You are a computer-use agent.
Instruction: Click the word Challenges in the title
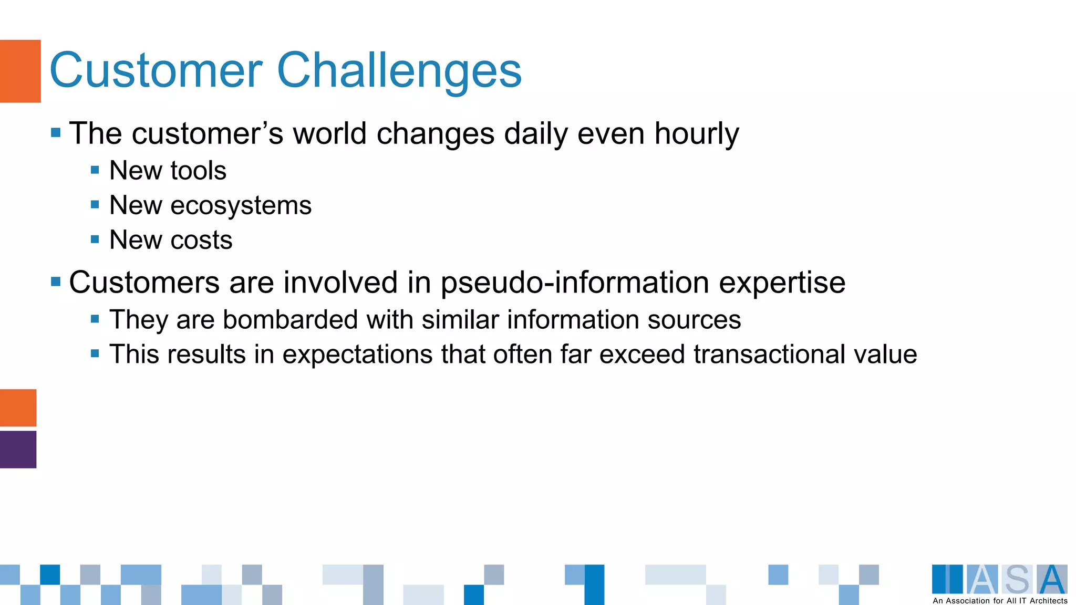pyautogui.click(x=399, y=71)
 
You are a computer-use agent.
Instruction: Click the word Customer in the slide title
pyautogui.click(x=156, y=70)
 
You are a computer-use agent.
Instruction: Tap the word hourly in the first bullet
pyautogui.click(x=696, y=134)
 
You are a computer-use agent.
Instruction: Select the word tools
pyautogui.click(x=198, y=171)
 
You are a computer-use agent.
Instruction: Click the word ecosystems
pyautogui.click(x=241, y=206)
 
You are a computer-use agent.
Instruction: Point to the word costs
pyautogui.click(x=201, y=241)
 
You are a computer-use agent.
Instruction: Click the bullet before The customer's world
pyautogui.click(x=56, y=132)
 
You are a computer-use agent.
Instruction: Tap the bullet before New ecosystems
pyautogui.click(x=95, y=204)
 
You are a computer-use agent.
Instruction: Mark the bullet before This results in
pyautogui.click(x=95, y=353)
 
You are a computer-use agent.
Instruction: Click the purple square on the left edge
pyautogui.click(x=18, y=449)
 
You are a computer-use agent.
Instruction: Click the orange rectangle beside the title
pyautogui.click(x=20, y=71)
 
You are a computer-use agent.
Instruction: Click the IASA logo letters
pyautogui.click(x=999, y=579)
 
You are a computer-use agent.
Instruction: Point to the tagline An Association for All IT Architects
pyautogui.click(x=999, y=601)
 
